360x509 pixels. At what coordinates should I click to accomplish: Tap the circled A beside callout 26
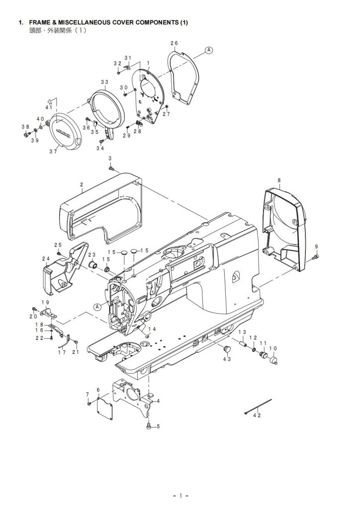pos(209,50)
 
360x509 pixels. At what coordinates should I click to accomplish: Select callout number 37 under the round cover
pos(53,152)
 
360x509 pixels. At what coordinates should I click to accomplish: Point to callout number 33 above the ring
pos(104,82)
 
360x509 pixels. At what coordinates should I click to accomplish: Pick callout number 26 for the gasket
pos(174,43)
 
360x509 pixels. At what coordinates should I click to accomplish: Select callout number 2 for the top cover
pos(82,185)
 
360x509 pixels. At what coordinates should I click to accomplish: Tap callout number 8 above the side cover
pos(279,180)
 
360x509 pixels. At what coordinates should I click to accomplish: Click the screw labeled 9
pos(315,257)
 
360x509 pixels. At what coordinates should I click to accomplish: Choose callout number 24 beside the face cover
pos(46,258)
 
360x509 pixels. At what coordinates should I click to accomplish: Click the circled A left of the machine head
pos(97,306)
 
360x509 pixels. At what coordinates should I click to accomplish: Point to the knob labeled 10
pos(274,360)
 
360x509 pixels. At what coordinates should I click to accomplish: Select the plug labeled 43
pos(227,348)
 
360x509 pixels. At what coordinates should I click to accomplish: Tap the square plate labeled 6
pos(105,405)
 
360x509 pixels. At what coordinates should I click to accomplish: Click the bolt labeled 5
pos(149,426)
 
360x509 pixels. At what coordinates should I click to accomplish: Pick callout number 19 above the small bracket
pos(45,303)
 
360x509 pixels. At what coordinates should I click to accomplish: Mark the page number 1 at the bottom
pos(180,496)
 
